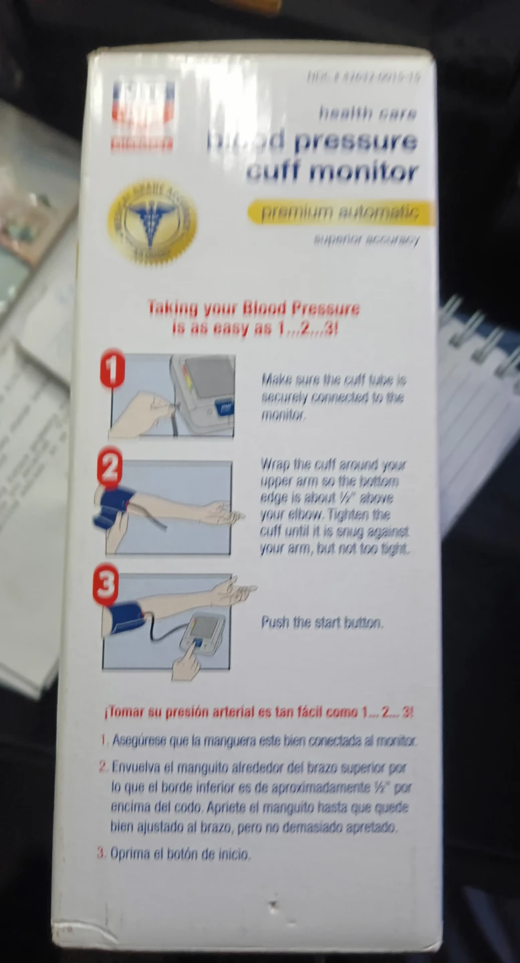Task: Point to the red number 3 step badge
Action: click(104, 586)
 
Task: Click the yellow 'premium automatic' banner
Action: click(340, 213)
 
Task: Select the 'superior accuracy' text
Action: click(366, 240)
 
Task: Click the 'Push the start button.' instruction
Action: click(322, 623)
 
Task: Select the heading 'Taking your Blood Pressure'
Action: click(253, 309)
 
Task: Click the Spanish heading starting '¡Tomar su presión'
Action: click(259, 713)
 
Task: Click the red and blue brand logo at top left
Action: click(143, 114)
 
